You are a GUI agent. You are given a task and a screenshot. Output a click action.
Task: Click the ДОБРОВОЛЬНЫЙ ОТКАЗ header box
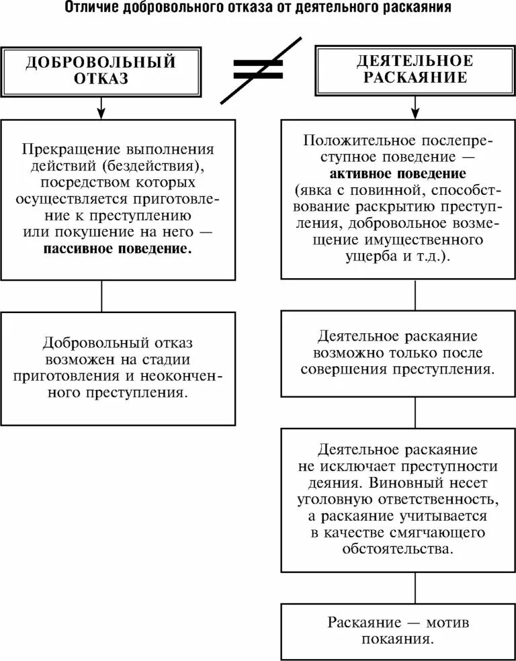point(101,70)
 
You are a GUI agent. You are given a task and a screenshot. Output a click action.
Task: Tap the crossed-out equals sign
point(258,69)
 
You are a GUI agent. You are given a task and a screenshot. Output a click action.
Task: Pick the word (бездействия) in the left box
point(161,165)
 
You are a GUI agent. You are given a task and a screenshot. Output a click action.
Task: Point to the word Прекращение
point(66,148)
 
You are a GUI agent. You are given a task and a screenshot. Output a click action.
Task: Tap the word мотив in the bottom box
point(445,622)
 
